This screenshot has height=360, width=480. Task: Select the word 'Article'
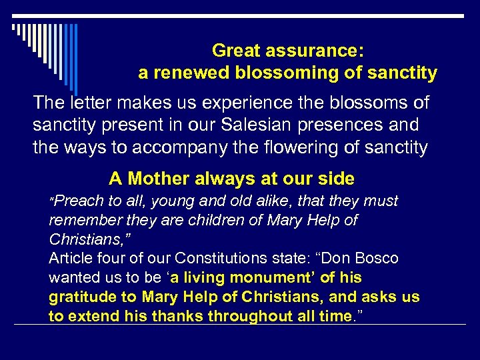tap(71, 258)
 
